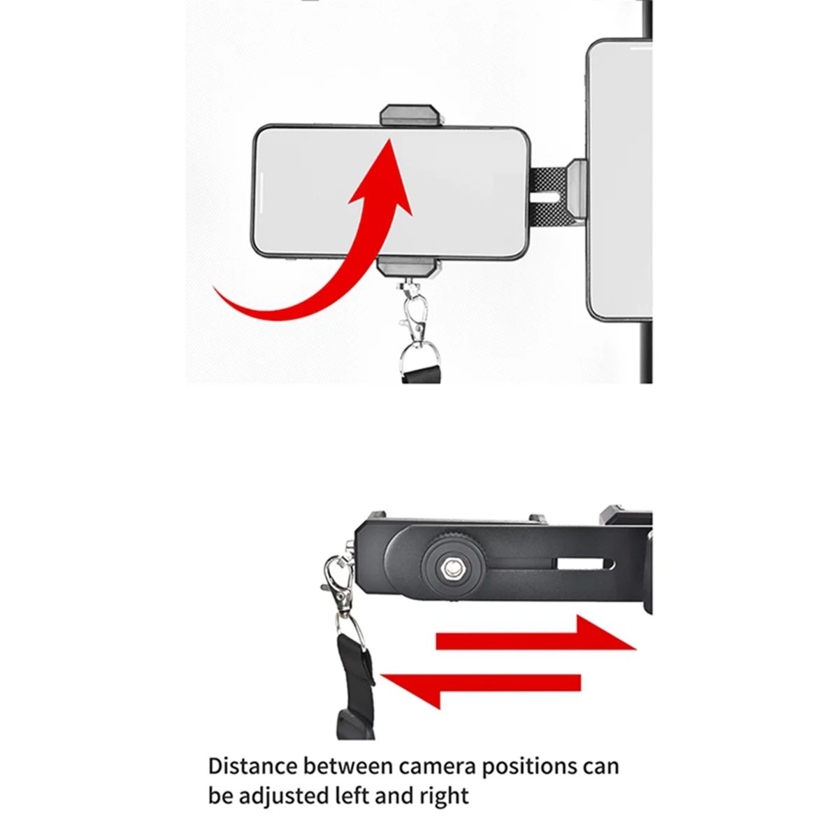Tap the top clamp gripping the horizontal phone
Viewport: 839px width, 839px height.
[x=410, y=115]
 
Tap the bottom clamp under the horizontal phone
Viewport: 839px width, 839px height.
[x=410, y=268]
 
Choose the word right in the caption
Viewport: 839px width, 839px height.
[x=444, y=796]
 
